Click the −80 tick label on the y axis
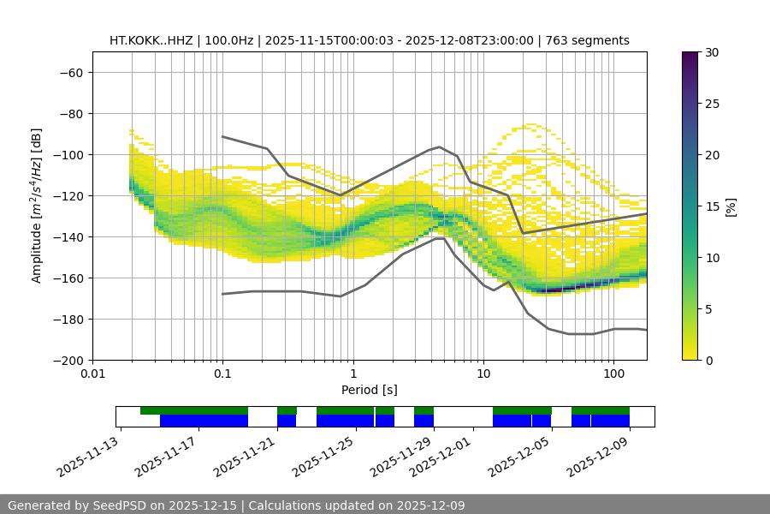click(69, 113)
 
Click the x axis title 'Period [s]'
click(369, 390)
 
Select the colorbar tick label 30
click(711, 52)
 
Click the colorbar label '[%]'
click(731, 206)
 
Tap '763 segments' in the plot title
click(589, 40)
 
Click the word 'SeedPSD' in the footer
click(120, 505)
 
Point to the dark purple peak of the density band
click(554, 290)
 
